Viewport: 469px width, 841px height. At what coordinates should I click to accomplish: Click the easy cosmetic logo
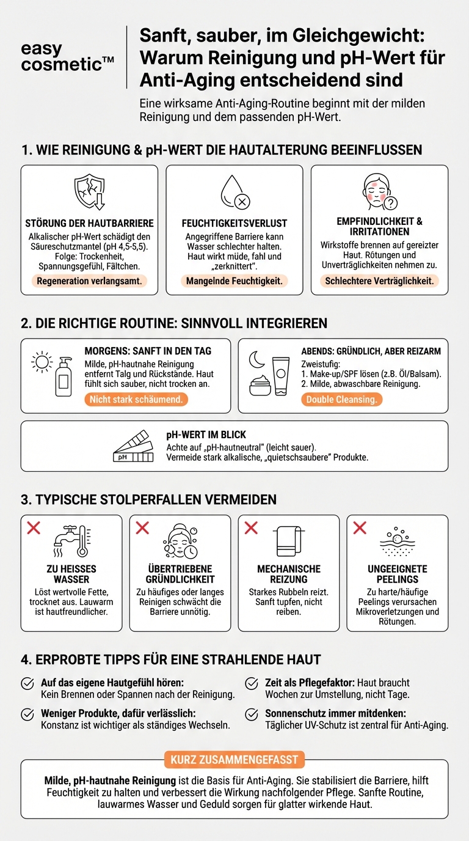pyautogui.click(x=67, y=57)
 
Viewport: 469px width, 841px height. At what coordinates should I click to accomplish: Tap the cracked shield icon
pyautogui.click(x=89, y=192)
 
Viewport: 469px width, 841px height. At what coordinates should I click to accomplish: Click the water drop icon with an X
pyautogui.click(x=234, y=193)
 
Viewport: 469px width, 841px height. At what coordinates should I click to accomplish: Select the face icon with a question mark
pyautogui.click(x=379, y=192)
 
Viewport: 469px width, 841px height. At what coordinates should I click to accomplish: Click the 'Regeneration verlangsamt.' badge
pyautogui.click(x=89, y=281)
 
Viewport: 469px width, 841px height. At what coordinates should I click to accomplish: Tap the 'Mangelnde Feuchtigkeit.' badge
pyautogui.click(x=234, y=281)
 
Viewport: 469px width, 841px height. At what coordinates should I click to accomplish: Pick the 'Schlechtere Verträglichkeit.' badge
pyautogui.click(x=379, y=281)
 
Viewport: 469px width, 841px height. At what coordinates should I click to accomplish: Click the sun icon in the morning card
pyautogui.click(x=42, y=362)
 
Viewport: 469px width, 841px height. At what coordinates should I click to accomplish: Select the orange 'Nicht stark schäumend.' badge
pyautogui.click(x=136, y=399)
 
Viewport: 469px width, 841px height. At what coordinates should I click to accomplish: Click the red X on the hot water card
pyautogui.click(x=34, y=527)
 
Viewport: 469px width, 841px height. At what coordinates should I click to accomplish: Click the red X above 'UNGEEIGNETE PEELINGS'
pyautogui.click(x=360, y=527)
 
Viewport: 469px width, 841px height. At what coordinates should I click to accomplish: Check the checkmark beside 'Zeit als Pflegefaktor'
pyautogui.click(x=252, y=683)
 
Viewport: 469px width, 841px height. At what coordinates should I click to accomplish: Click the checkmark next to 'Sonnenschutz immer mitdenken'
pyautogui.click(x=252, y=714)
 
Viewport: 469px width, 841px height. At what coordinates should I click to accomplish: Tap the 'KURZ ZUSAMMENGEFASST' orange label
pyautogui.click(x=234, y=760)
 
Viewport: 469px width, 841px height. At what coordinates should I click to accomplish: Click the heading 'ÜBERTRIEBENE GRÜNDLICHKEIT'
pyautogui.click(x=180, y=574)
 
